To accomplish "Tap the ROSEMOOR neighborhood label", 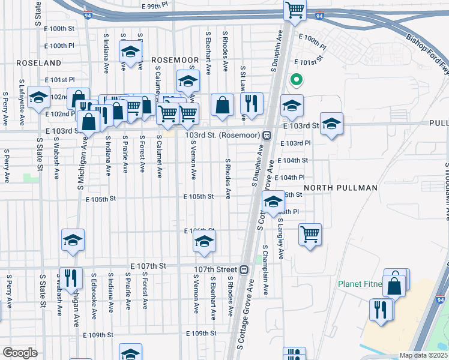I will [x=175, y=60].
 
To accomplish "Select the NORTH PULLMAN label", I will [x=340, y=188].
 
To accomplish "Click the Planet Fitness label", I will [x=361, y=284].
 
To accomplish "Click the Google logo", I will [x=20, y=353].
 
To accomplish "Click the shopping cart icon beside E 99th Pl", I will [x=295, y=10].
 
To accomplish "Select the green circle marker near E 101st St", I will [x=295, y=79].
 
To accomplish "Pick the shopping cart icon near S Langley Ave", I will [x=310, y=234].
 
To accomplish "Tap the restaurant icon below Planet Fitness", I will [x=381, y=310].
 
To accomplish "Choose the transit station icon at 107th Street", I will [x=244, y=269].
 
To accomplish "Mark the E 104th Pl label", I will [x=294, y=178].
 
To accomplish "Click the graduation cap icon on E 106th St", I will [x=204, y=242].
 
